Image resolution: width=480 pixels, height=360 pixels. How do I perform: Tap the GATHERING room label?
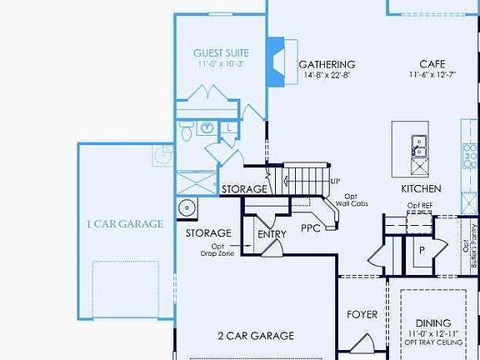click(x=327, y=64)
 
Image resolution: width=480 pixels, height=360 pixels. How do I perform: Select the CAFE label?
click(x=432, y=64)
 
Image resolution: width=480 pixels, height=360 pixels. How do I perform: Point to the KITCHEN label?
click(x=421, y=189)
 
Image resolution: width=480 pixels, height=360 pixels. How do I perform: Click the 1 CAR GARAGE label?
click(x=125, y=223)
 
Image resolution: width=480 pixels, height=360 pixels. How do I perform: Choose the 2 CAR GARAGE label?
click(x=256, y=336)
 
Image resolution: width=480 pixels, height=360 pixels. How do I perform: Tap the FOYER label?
click(x=362, y=314)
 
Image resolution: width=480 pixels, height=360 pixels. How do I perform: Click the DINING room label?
click(x=432, y=322)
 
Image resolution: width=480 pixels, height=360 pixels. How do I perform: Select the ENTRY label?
click(x=272, y=234)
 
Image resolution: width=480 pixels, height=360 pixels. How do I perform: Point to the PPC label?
click(x=311, y=227)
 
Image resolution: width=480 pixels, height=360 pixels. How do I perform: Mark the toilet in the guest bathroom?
click(x=186, y=127)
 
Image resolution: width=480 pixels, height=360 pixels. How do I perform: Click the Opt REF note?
click(x=421, y=206)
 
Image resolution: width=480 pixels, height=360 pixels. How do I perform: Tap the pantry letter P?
click(x=421, y=249)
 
